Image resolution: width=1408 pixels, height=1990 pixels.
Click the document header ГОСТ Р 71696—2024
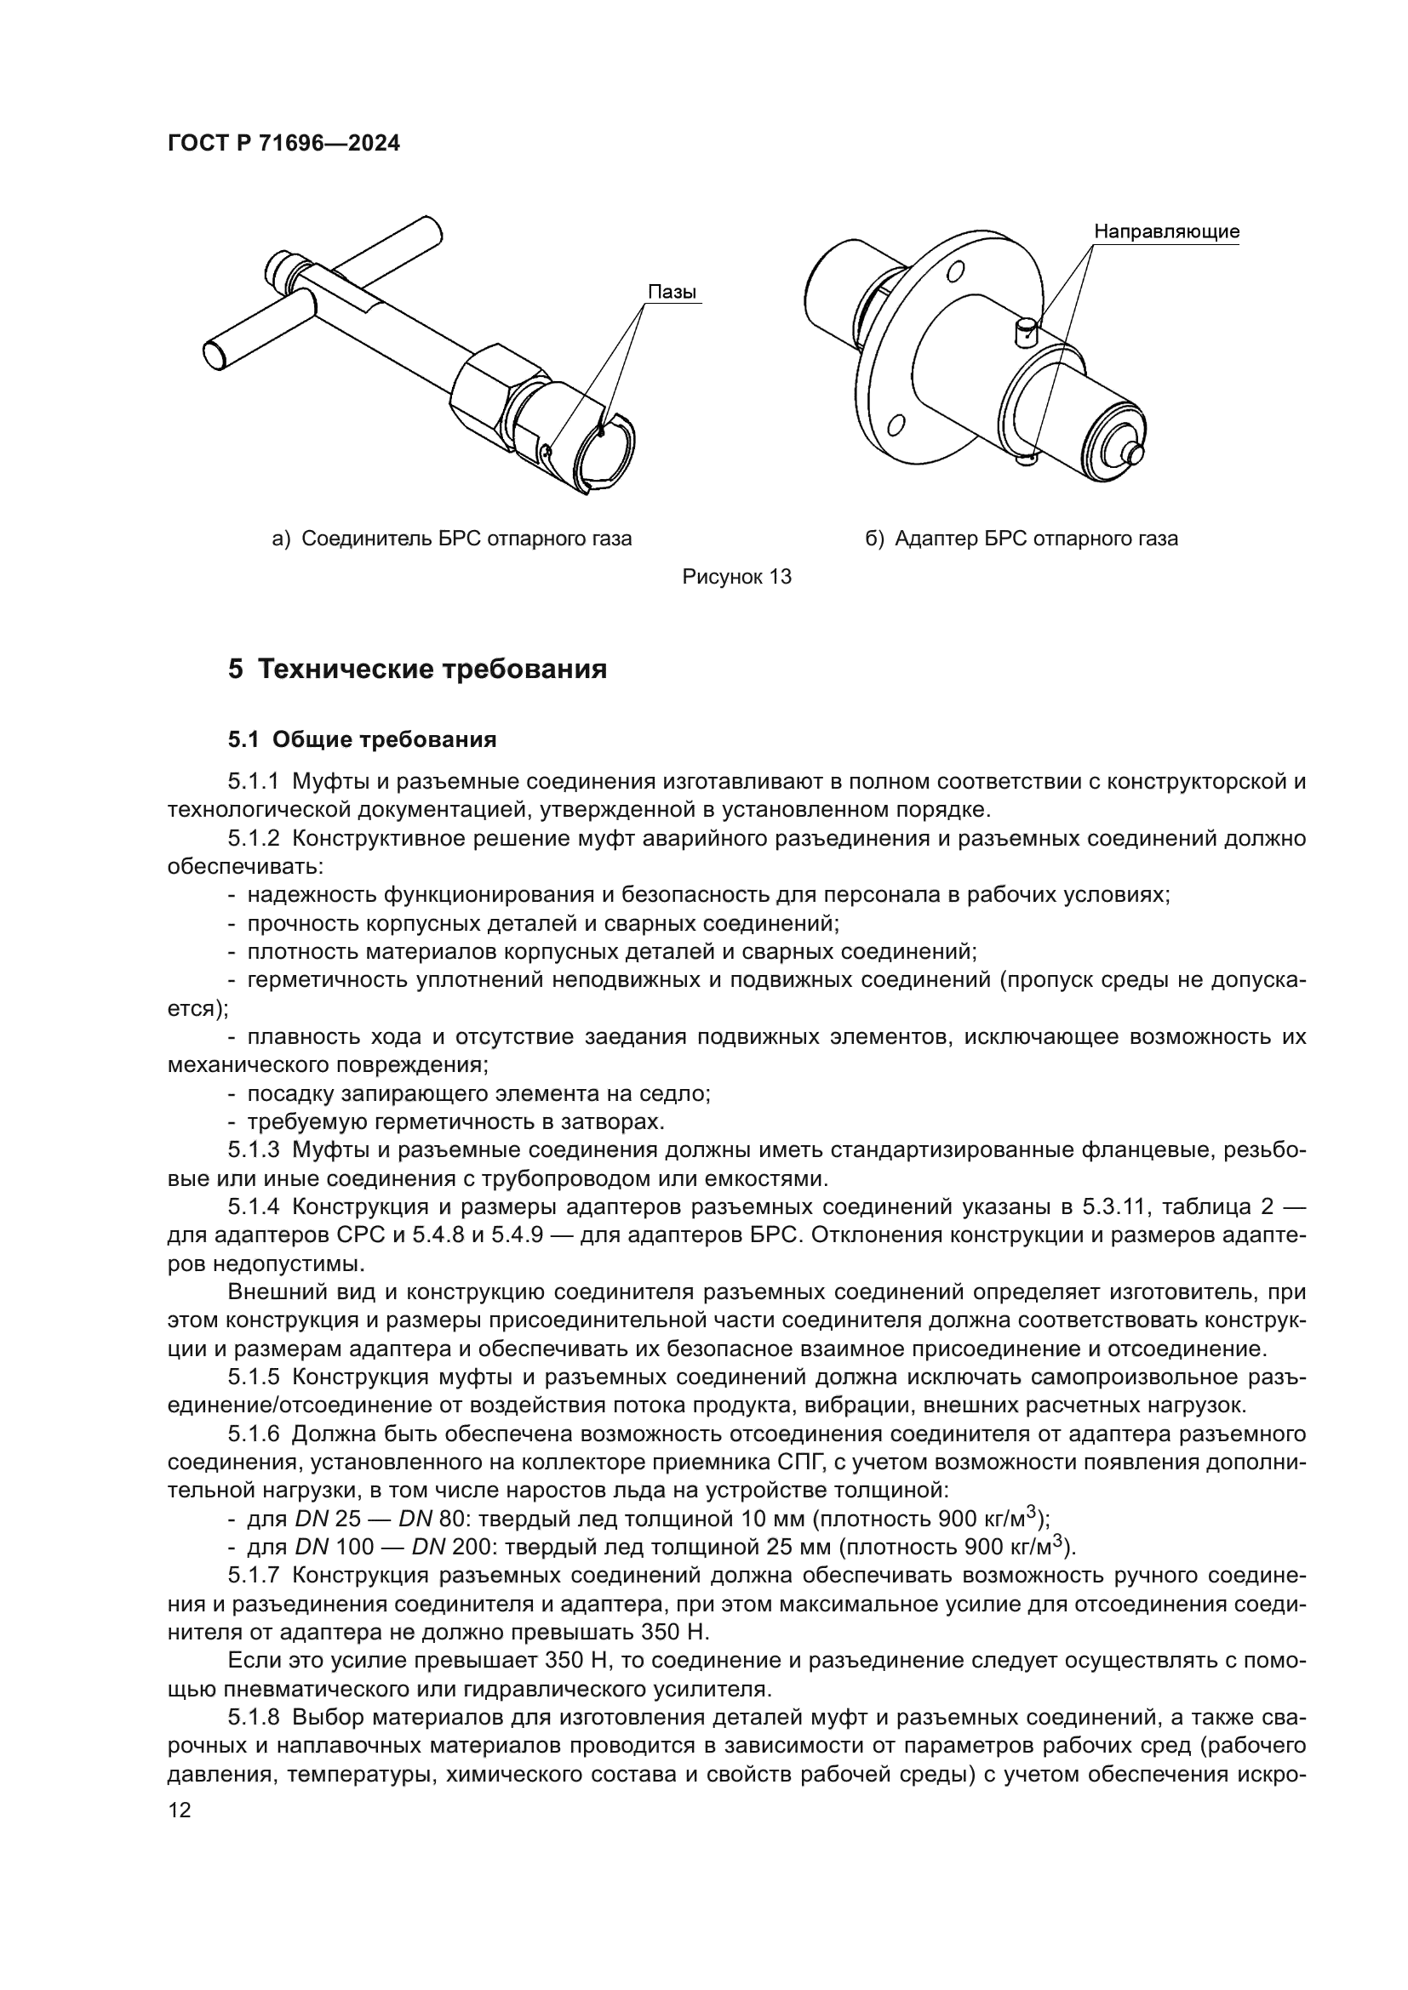point(283,144)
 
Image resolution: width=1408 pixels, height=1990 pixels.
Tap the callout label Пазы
point(672,292)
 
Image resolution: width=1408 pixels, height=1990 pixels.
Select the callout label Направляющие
point(1166,231)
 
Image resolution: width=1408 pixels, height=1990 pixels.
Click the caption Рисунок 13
point(737,576)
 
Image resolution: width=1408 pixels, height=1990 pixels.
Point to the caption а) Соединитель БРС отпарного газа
point(452,539)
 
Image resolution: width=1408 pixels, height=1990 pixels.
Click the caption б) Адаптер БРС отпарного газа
point(1022,539)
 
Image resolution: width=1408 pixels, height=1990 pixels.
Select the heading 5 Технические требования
point(417,669)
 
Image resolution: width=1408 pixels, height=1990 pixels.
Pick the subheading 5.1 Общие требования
point(363,739)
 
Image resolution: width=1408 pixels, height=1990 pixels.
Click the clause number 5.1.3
point(253,1150)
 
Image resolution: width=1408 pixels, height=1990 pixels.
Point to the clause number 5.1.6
point(253,1434)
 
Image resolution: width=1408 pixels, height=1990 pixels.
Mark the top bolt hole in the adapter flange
point(955,271)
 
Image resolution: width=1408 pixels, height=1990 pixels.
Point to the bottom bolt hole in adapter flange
point(896,425)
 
